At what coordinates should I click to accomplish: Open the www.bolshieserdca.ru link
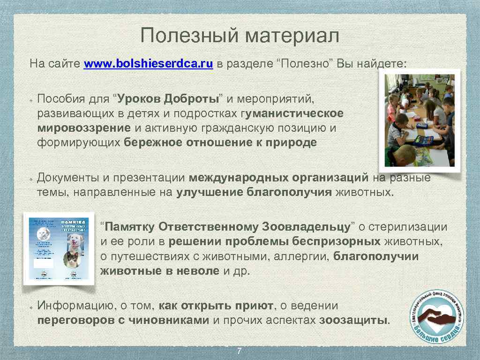(149, 64)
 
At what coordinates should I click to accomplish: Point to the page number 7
(240, 352)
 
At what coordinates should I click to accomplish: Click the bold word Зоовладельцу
(306, 227)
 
